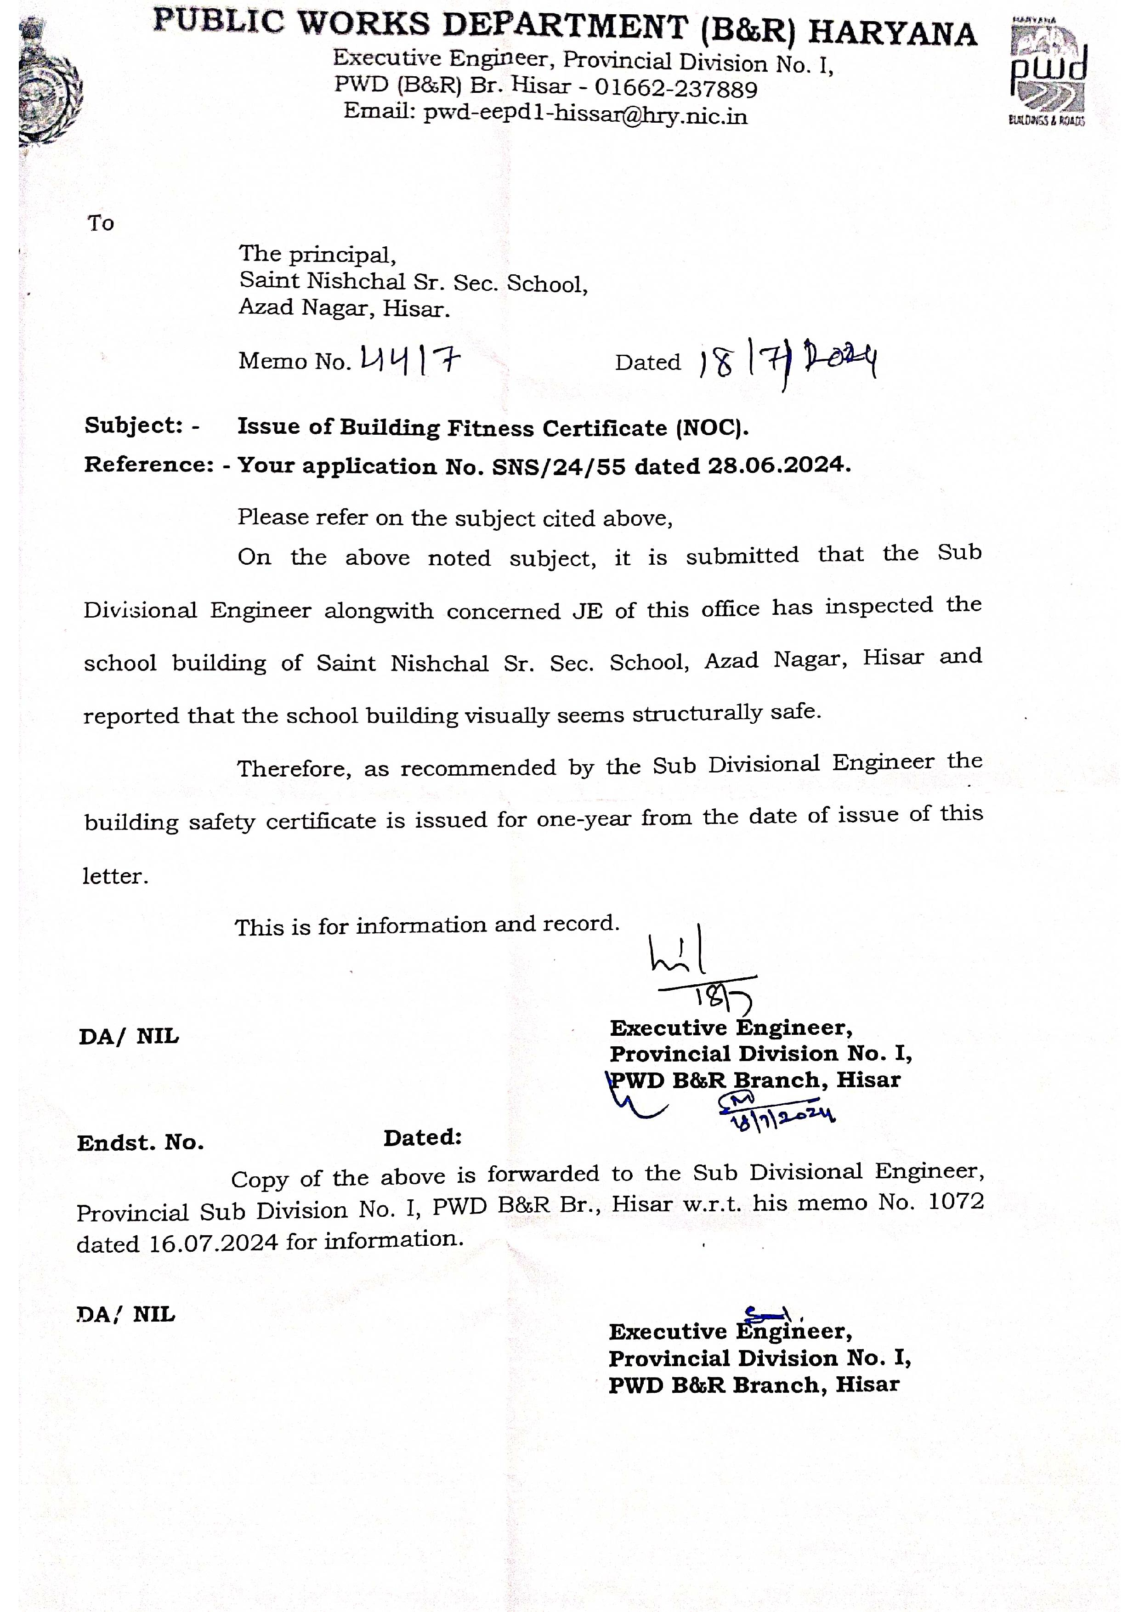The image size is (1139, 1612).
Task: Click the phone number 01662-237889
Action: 676,89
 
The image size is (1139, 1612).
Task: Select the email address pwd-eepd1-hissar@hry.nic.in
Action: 585,114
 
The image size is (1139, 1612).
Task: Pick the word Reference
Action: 148,465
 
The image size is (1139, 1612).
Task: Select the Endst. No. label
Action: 140,1143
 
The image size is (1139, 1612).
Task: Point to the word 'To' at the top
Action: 101,223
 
